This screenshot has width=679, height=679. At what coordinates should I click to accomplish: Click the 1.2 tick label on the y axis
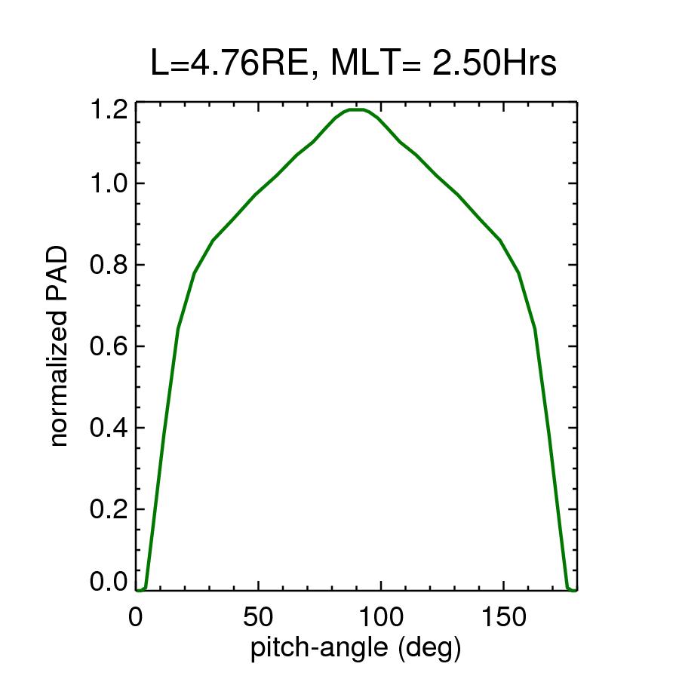pos(107,111)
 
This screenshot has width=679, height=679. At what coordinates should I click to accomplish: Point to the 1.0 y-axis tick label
pos(107,184)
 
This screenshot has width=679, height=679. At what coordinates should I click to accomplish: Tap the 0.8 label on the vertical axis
pos(107,266)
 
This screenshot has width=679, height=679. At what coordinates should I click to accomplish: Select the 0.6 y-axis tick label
pos(107,347)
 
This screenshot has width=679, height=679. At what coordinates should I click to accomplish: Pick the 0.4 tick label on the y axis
pos(107,429)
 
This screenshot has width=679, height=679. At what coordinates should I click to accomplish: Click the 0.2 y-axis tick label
pos(107,510)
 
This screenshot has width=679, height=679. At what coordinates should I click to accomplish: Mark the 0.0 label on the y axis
pos(107,582)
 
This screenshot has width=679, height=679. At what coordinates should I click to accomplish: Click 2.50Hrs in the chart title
pos(495,64)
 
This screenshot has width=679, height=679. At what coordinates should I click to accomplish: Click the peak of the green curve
pos(356,109)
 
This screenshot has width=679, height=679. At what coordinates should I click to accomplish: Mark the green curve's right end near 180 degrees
pos(576,590)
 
